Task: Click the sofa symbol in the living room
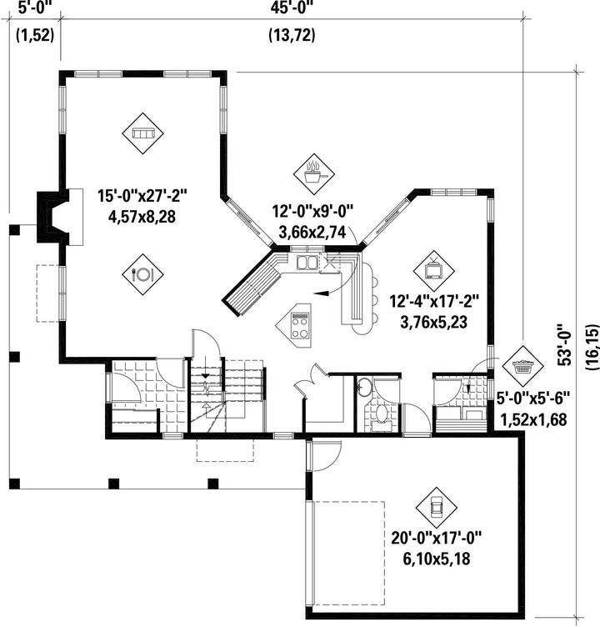click(142, 133)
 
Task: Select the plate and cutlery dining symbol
click(142, 274)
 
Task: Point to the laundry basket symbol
click(522, 365)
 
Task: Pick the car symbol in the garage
click(436, 508)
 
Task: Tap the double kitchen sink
click(307, 263)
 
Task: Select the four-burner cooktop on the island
click(301, 325)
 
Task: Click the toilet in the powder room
click(382, 414)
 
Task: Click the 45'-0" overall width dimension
click(292, 8)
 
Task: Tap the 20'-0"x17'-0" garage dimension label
click(437, 538)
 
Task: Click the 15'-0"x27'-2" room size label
click(142, 196)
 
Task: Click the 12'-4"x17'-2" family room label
click(434, 301)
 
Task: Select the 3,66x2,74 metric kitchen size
click(312, 231)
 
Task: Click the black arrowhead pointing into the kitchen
click(321, 293)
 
